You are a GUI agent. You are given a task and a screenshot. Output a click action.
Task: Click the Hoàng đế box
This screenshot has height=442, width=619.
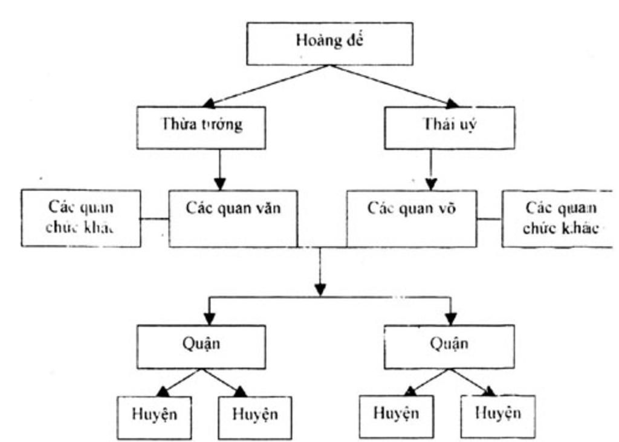pyautogui.click(x=329, y=43)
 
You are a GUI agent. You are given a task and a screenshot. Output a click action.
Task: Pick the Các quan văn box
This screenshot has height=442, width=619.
pyautogui.click(x=233, y=218)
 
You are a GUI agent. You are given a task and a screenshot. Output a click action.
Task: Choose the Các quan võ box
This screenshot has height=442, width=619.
pyautogui.click(x=411, y=218)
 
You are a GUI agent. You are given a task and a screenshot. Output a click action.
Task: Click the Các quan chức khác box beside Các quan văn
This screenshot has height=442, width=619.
pyautogui.click(x=81, y=218)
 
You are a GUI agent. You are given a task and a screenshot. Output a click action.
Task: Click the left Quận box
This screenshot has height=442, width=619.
pyautogui.click(x=201, y=346)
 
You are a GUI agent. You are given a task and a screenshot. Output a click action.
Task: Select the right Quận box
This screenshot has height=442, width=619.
pyautogui.click(x=449, y=346)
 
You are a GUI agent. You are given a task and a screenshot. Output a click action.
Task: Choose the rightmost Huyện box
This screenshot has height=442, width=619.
pyautogui.click(x=497, y=416)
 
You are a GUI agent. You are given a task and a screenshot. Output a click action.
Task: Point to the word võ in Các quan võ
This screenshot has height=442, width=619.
pyautogui.click(x=446, y=209)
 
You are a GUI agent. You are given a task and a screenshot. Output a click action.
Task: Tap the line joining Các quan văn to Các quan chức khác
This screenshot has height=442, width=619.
pyautogui.click(x=155, y=218)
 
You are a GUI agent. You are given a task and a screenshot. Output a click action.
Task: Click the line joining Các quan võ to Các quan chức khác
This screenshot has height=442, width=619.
pyautogui.click(x=489, y=218)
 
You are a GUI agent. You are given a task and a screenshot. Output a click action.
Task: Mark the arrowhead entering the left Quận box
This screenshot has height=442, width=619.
pyautogui.click(x=210, y=318)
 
